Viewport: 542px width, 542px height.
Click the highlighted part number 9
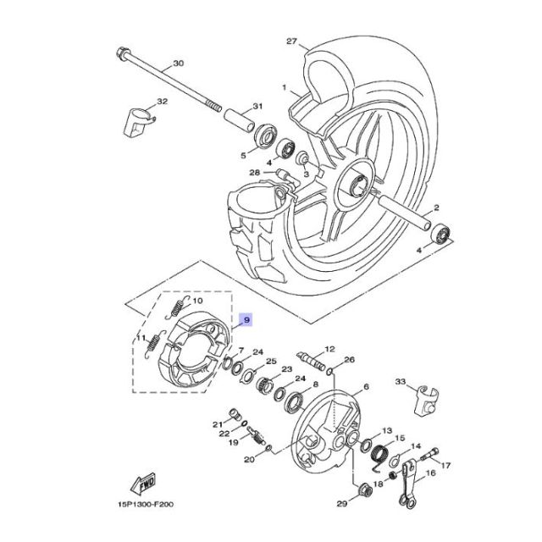[246, 320]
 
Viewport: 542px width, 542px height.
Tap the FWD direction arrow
[143, 484]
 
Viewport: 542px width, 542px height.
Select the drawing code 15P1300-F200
[146, 505]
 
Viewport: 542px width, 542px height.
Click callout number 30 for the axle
[179, 64]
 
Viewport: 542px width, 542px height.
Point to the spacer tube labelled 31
[240, 120]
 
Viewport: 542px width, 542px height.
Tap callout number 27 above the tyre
[291, 41]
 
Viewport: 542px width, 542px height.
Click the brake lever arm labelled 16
[407, 484]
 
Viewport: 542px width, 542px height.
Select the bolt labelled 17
[429, 455]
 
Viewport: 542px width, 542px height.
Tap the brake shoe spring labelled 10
[177, 307]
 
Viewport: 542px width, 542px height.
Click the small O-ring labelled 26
[330, 372]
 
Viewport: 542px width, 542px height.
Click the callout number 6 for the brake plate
[366, 386]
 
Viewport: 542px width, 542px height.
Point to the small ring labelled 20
[269, 448]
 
